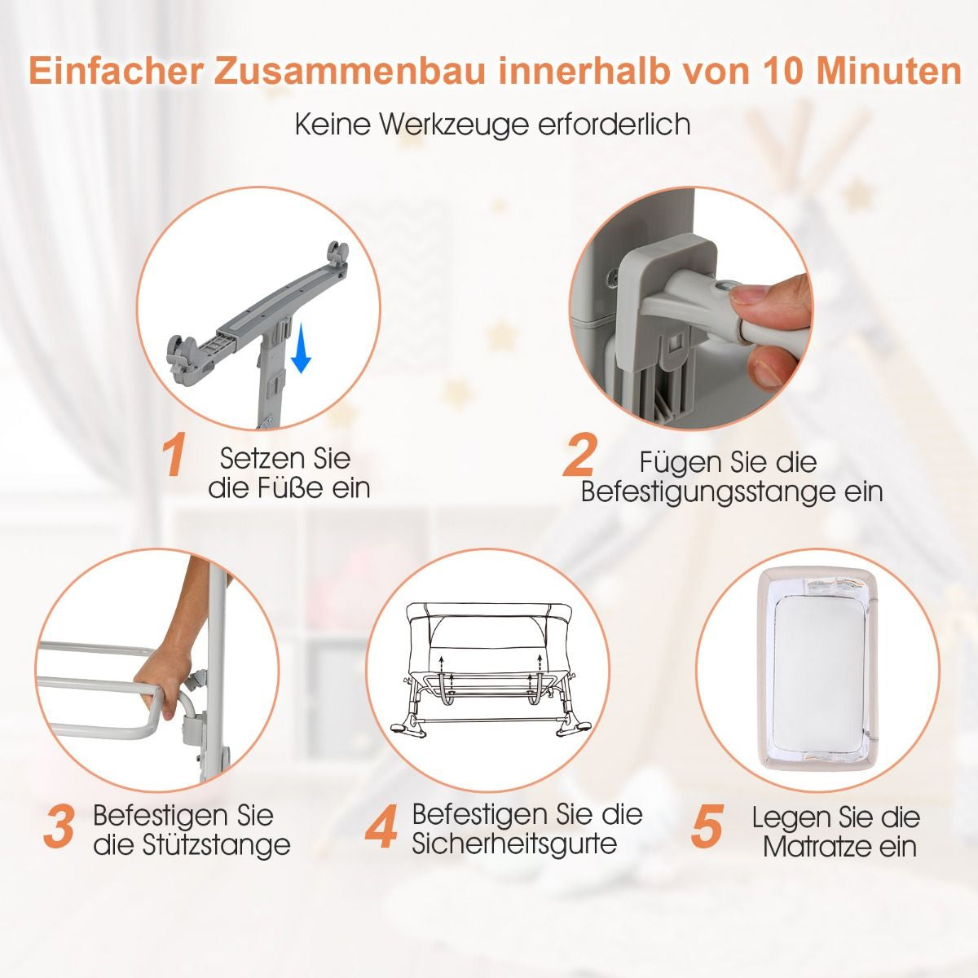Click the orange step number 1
(174, 457)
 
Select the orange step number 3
(59, 826)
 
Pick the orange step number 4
(381, 826)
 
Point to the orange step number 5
(707, 826)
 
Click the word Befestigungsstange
(732, 492)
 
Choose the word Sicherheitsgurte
(514, 843)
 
